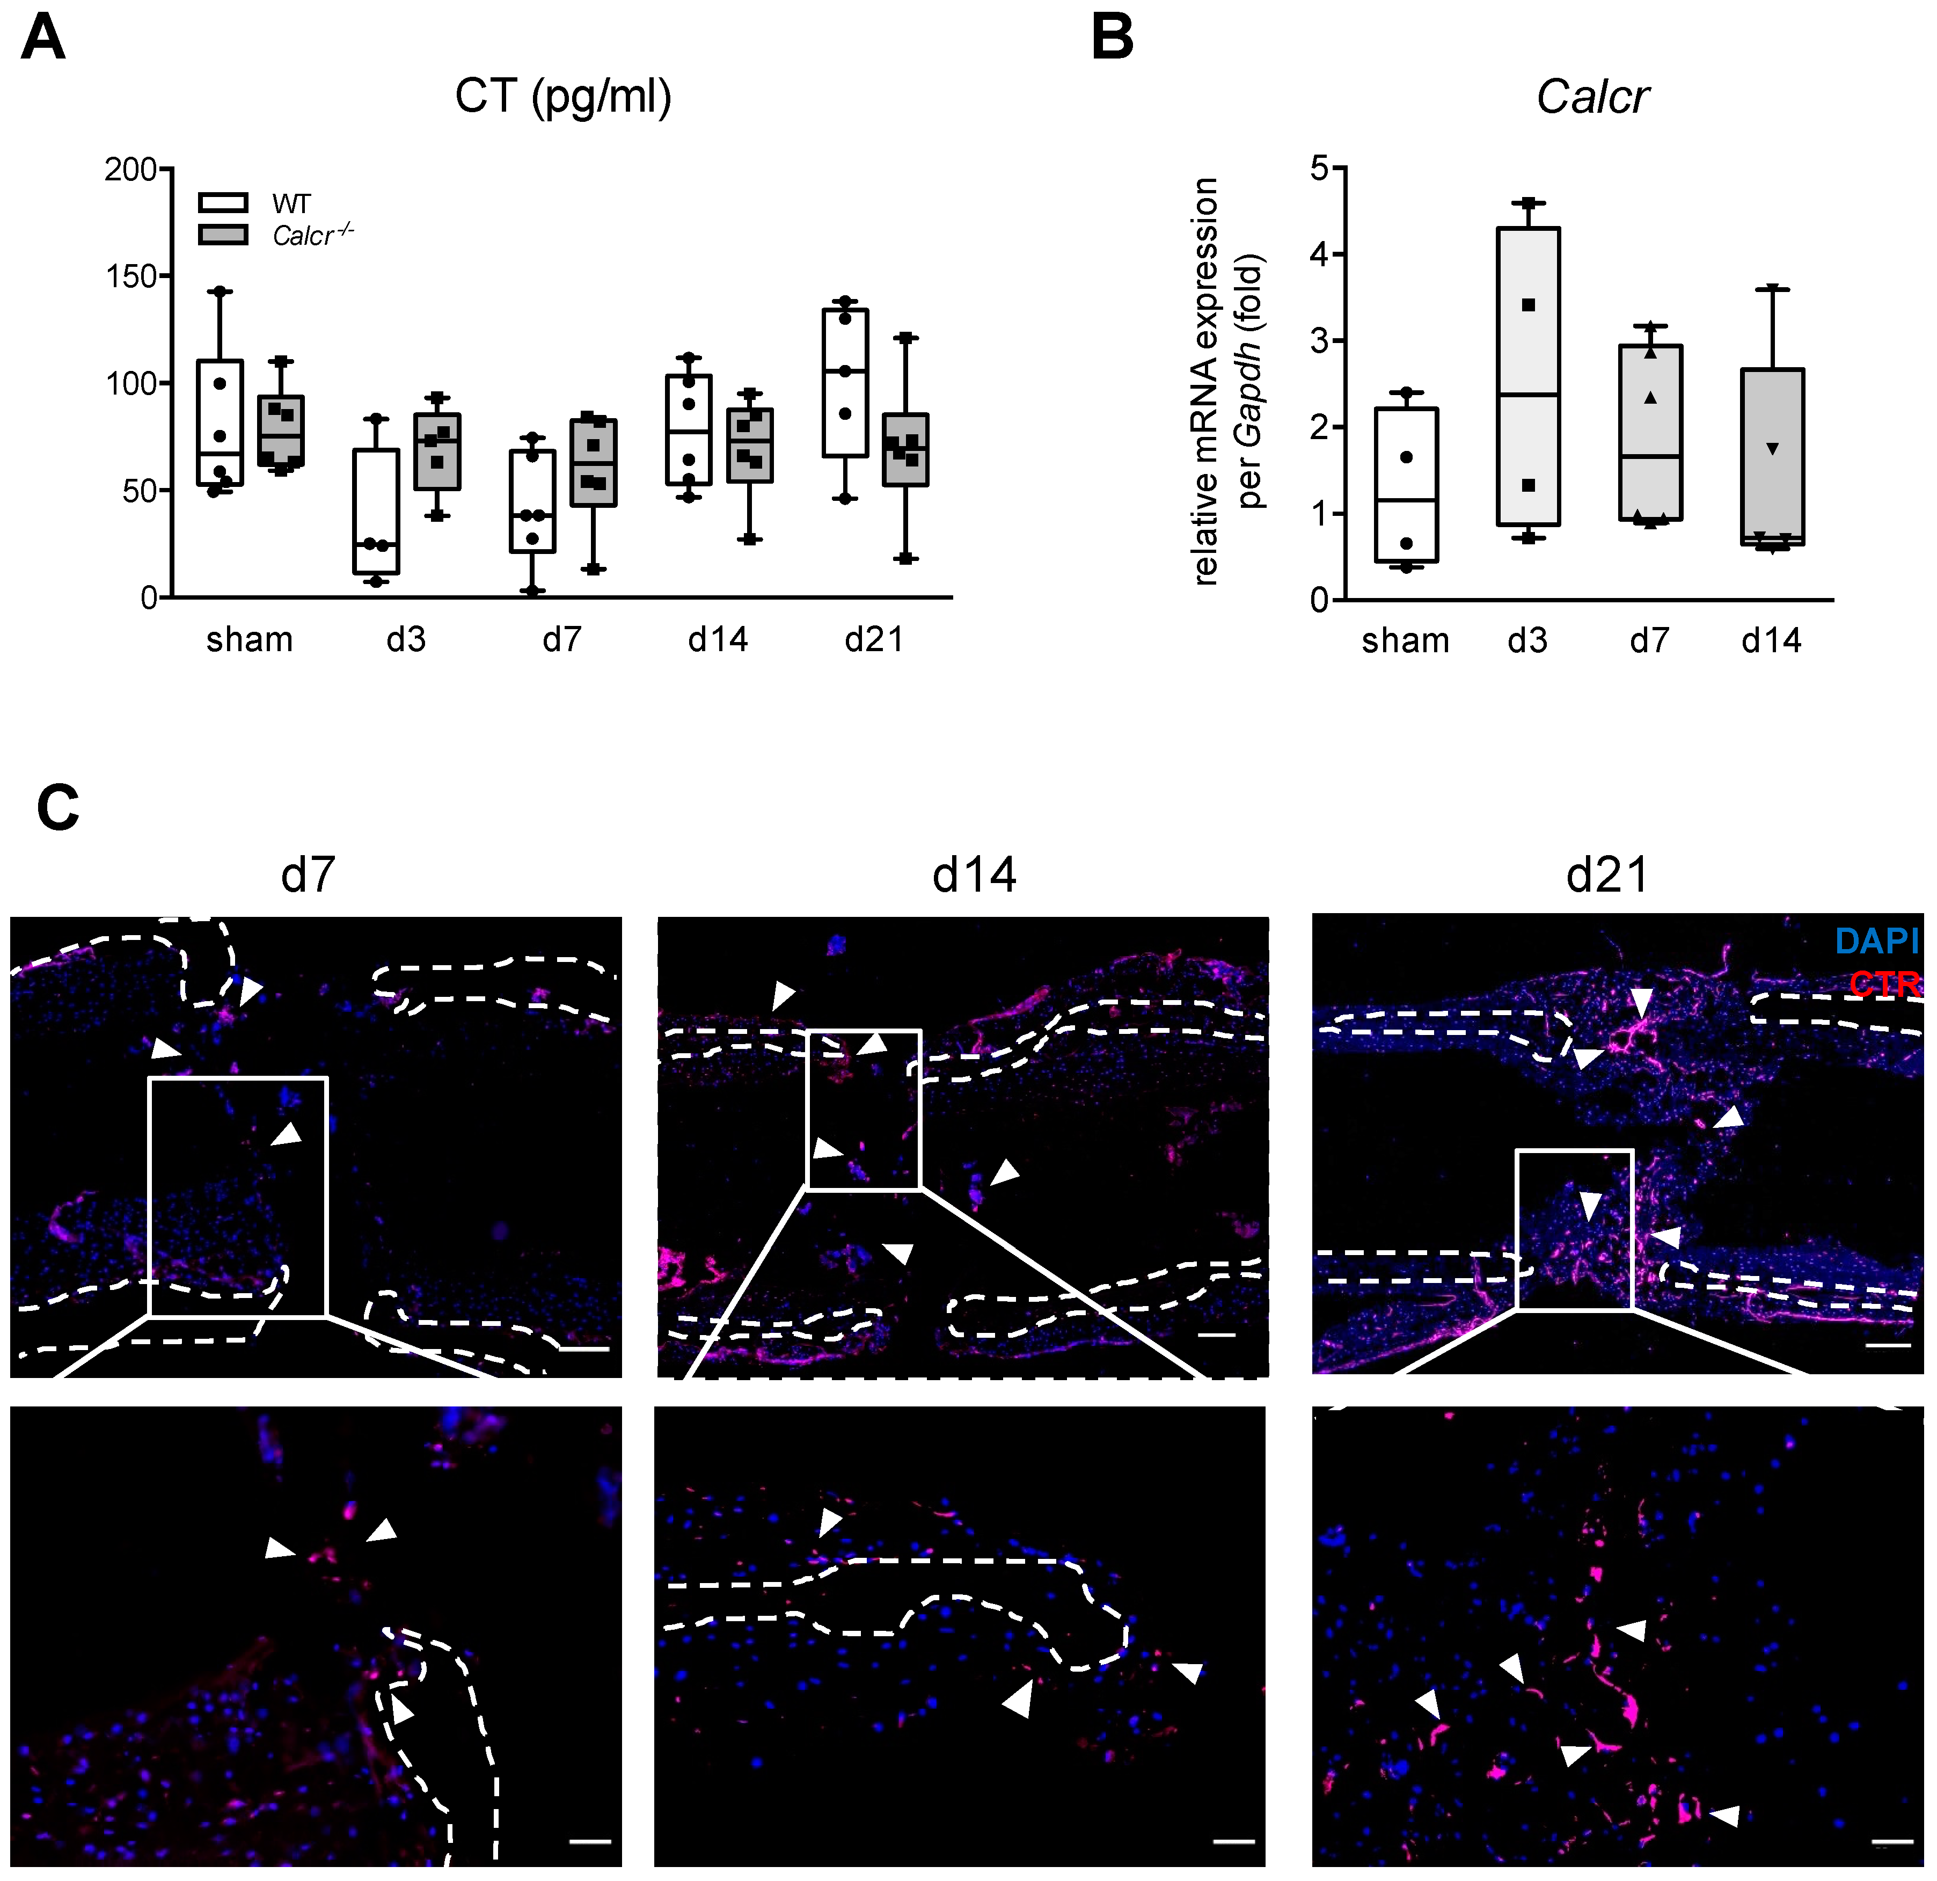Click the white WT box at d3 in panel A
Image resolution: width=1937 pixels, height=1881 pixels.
(377, 511)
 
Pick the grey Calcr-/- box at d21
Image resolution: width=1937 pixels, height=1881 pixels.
(905, 450)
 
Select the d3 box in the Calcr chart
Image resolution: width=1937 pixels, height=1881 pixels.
(1528, 376)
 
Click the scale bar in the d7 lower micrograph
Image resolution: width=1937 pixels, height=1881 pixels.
(590, 1841)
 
